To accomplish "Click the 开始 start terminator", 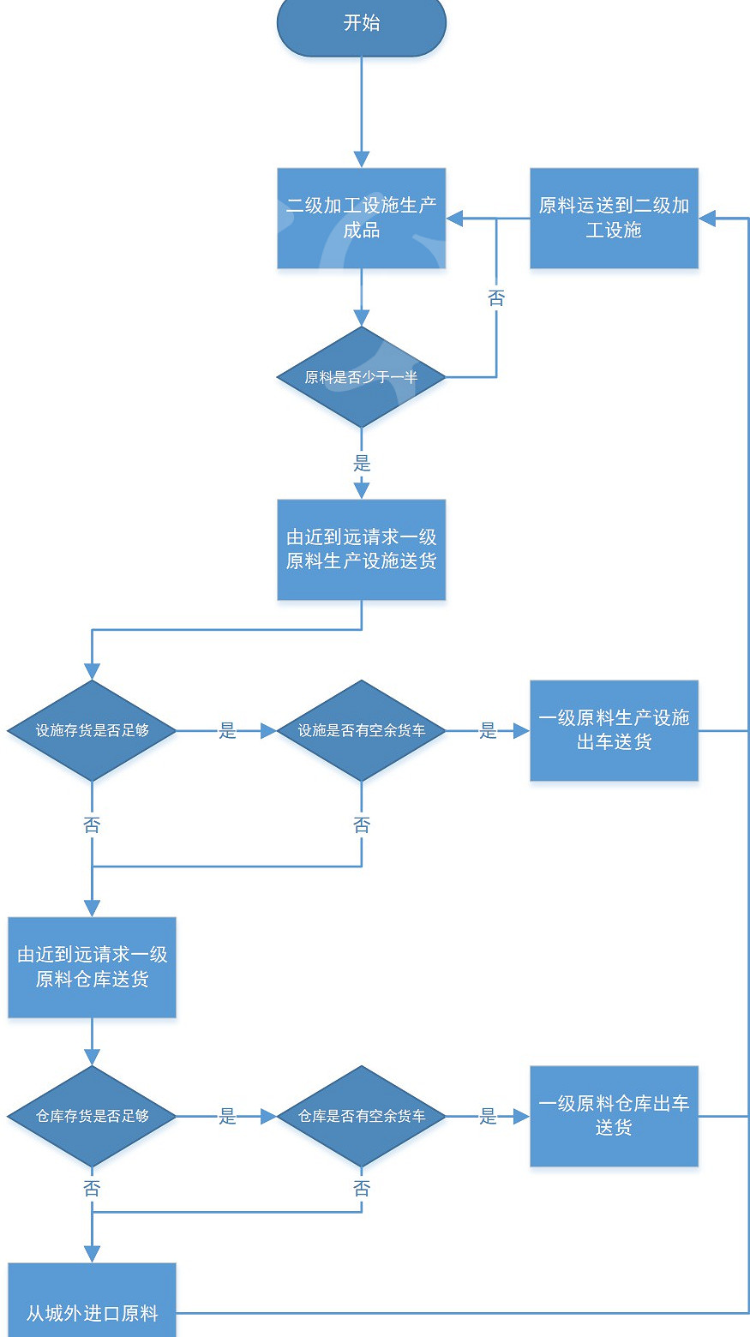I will (361, 24).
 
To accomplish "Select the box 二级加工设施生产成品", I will (361, 218).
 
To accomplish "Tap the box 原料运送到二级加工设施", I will (614, 218).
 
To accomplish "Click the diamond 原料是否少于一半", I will (361, 377).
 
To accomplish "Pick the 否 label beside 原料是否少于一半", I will (496, 298).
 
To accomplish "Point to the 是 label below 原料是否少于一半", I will (362, 464).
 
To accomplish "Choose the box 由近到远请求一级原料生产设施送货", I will (361, 549).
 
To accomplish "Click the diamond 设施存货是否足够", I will (92, 731).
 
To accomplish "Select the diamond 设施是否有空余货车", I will (361, 731).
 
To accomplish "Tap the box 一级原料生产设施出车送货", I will (614, 730).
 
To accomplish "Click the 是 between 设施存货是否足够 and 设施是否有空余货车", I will (227, 731).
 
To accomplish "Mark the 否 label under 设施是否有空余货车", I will (362, 825).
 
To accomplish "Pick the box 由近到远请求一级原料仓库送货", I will (92, 967).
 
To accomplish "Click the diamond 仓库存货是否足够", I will (92, 1116).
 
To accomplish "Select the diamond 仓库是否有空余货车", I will (361, 1116).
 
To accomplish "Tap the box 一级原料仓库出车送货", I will (614, 1116).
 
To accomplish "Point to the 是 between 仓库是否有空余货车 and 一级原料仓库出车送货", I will (488, 1116).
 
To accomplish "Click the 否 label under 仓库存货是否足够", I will (92, 1189).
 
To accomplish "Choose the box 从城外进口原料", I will (92, 1303).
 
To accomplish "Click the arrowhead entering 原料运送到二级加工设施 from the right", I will (707, 219).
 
